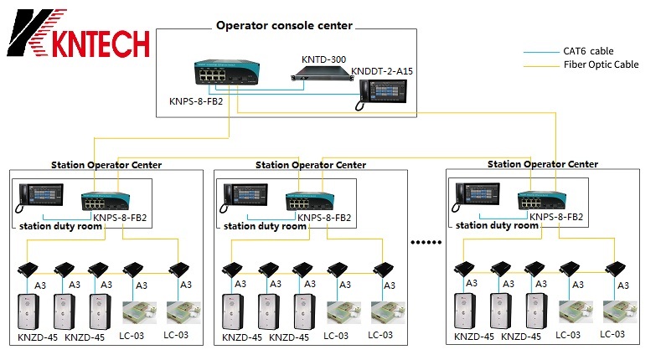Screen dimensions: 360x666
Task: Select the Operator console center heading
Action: [284, 25]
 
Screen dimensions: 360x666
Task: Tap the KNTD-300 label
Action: [324, 60]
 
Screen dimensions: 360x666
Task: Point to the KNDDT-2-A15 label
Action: [382, 70]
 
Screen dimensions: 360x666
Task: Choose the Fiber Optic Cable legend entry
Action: [601, 64]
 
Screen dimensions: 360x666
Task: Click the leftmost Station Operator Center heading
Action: [106, 165]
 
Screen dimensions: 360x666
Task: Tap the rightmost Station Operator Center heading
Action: [543, 164]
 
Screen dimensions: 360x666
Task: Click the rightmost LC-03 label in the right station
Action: [612, 335]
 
